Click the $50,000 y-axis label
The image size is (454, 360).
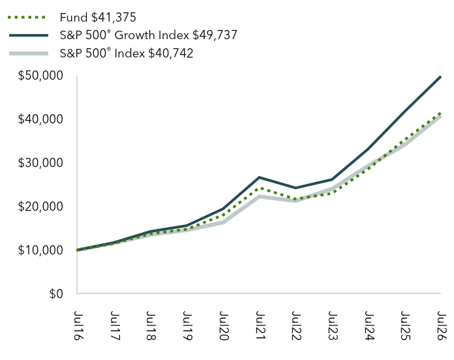pos(40,76)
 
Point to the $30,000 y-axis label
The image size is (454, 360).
pos(40,163)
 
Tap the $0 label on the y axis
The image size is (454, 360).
pos(56,293)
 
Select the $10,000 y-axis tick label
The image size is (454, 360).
pos(40,250)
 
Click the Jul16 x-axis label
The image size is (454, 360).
pos(78,326)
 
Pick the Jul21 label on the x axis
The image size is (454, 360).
pos(260,326)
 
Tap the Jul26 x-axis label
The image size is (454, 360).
pos(442,326)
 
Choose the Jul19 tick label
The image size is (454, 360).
pos(188,326)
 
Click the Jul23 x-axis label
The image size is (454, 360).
pos(333,326)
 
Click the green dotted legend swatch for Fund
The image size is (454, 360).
pos(27,18)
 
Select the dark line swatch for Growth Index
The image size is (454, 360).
pos(29,35)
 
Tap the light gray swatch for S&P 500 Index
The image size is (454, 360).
pos(29,53)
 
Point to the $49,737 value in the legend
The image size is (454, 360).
pos(215,35)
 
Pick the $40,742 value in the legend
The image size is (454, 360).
pos(170,53)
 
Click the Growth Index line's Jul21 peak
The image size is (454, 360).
pos(259,177)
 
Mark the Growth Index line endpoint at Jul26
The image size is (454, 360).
pos(441,77)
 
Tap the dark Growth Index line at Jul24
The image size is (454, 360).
pos(368,149)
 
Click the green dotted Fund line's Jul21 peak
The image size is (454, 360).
pos(259,188)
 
